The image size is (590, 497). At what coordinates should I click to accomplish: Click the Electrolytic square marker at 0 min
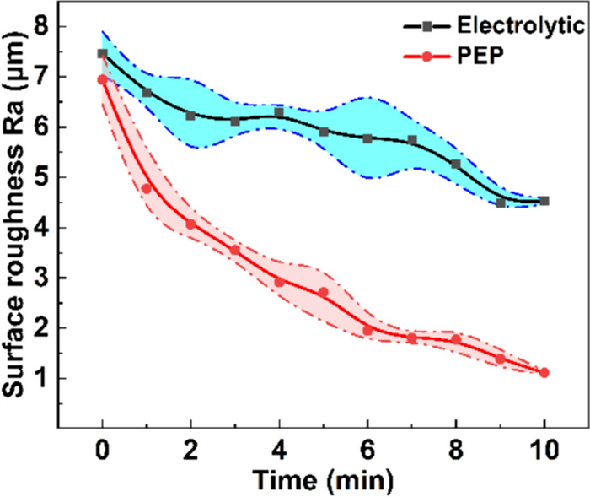pos(103,54)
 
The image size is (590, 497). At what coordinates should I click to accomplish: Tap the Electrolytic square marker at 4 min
pos(279,113)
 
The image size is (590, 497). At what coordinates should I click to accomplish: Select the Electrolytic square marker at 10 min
pos(544,201)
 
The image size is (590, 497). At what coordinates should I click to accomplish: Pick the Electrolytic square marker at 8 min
pos(456,164)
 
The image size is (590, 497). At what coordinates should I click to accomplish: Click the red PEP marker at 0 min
pos(103,79)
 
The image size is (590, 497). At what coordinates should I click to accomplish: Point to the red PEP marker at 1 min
pos(147,188)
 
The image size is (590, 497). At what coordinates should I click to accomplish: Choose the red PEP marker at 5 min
pos(324,292)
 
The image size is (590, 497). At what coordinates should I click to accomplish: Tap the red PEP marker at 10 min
pos(544,372)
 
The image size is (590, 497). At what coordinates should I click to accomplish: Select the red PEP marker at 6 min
pos(367,330)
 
